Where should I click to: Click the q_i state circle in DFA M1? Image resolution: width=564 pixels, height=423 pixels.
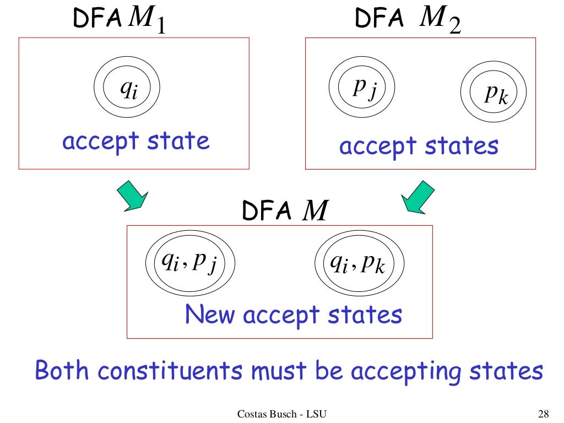coord(127,88)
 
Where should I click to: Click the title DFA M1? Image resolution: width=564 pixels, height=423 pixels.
coord(119,20)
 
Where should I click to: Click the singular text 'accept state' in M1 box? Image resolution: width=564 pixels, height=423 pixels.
coord(135,142)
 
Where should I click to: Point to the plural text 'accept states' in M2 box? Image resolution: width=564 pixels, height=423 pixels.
coord(419,147)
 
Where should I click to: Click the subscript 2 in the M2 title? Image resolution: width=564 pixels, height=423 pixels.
coord(454,26)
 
